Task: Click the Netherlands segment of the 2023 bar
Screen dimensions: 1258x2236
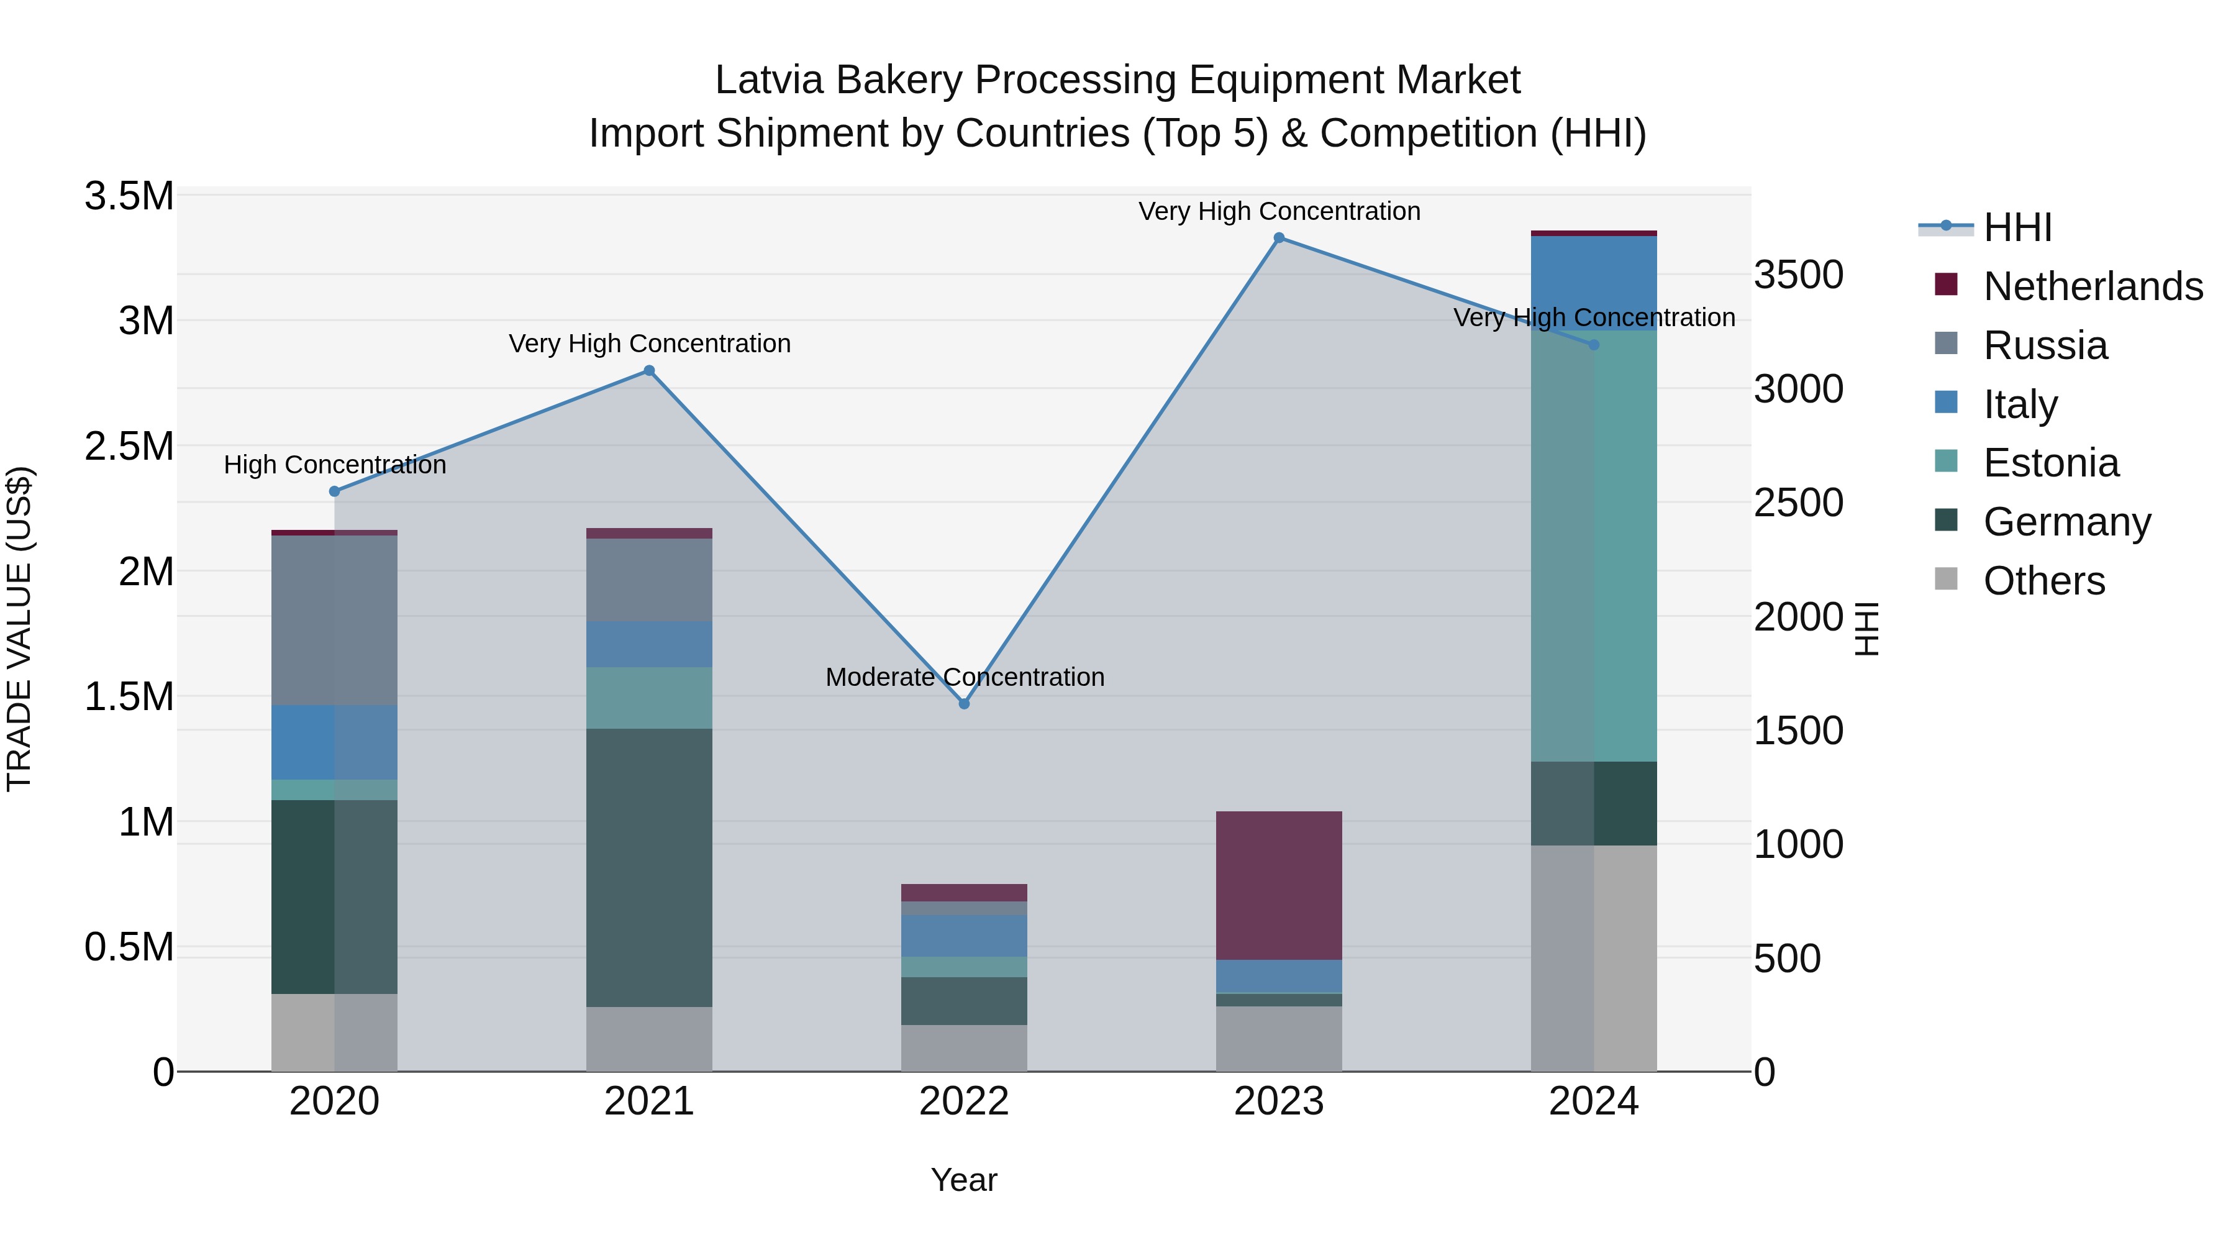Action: click(x=1279, y=885)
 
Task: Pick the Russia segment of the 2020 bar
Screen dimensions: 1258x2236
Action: click(x=334, y=620)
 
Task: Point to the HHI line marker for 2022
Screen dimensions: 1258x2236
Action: click(x=963, y=703)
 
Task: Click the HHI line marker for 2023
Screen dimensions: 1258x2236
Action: click(x=1279, y=238)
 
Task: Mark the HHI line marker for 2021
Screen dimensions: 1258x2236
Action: click(x=649, y=371)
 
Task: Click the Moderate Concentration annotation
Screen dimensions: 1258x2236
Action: click(x=965, y=677)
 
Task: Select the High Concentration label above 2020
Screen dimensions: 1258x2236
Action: click(x=335, y=465)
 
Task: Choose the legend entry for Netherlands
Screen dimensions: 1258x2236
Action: click(x=2093, y=286)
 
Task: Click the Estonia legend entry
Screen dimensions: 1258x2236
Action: click(x=2050, y=463)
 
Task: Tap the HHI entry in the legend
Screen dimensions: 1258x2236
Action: click(x=2017, y=227)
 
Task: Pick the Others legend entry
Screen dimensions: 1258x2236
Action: click(x=2043, y=581)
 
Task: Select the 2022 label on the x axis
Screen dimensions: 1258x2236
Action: click(x=963, y=1101)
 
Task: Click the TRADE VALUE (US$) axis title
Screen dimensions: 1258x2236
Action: click(x=19, y=629)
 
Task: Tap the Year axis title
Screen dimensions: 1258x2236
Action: click(x=963, y=1180)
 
